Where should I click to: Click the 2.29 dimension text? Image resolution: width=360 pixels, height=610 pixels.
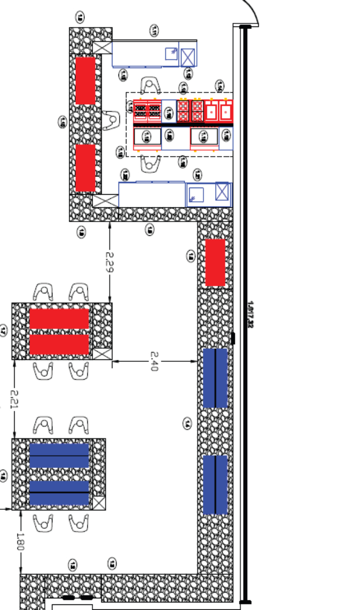click(x=109, y=262)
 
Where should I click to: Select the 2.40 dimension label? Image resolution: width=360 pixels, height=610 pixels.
click(x=154, y=361)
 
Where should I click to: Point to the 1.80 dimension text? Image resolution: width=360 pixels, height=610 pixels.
click(x=21, y=541)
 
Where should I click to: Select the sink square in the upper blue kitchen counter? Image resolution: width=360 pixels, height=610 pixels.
click(x=171, y=53)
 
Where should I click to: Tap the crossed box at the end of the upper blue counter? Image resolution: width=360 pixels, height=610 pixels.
click(x=188, y=56)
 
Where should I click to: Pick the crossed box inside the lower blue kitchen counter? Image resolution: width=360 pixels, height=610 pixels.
click(x=222, y=192)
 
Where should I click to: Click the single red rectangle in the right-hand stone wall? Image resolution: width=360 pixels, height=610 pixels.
click(x=215, y=262)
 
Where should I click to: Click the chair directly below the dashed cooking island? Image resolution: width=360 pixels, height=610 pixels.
click(x=151, y=163)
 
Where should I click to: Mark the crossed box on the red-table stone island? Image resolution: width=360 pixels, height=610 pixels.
click(x=103, y=354)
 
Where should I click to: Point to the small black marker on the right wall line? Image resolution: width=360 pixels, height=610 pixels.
click(x=233, y=339)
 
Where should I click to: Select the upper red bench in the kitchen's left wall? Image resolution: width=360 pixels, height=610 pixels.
click(x=85, y=81)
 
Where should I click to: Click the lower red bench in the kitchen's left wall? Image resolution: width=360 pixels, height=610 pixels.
click(x=85, y=168)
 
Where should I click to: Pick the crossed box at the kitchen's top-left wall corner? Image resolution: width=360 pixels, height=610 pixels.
click(x=102, y=48)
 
